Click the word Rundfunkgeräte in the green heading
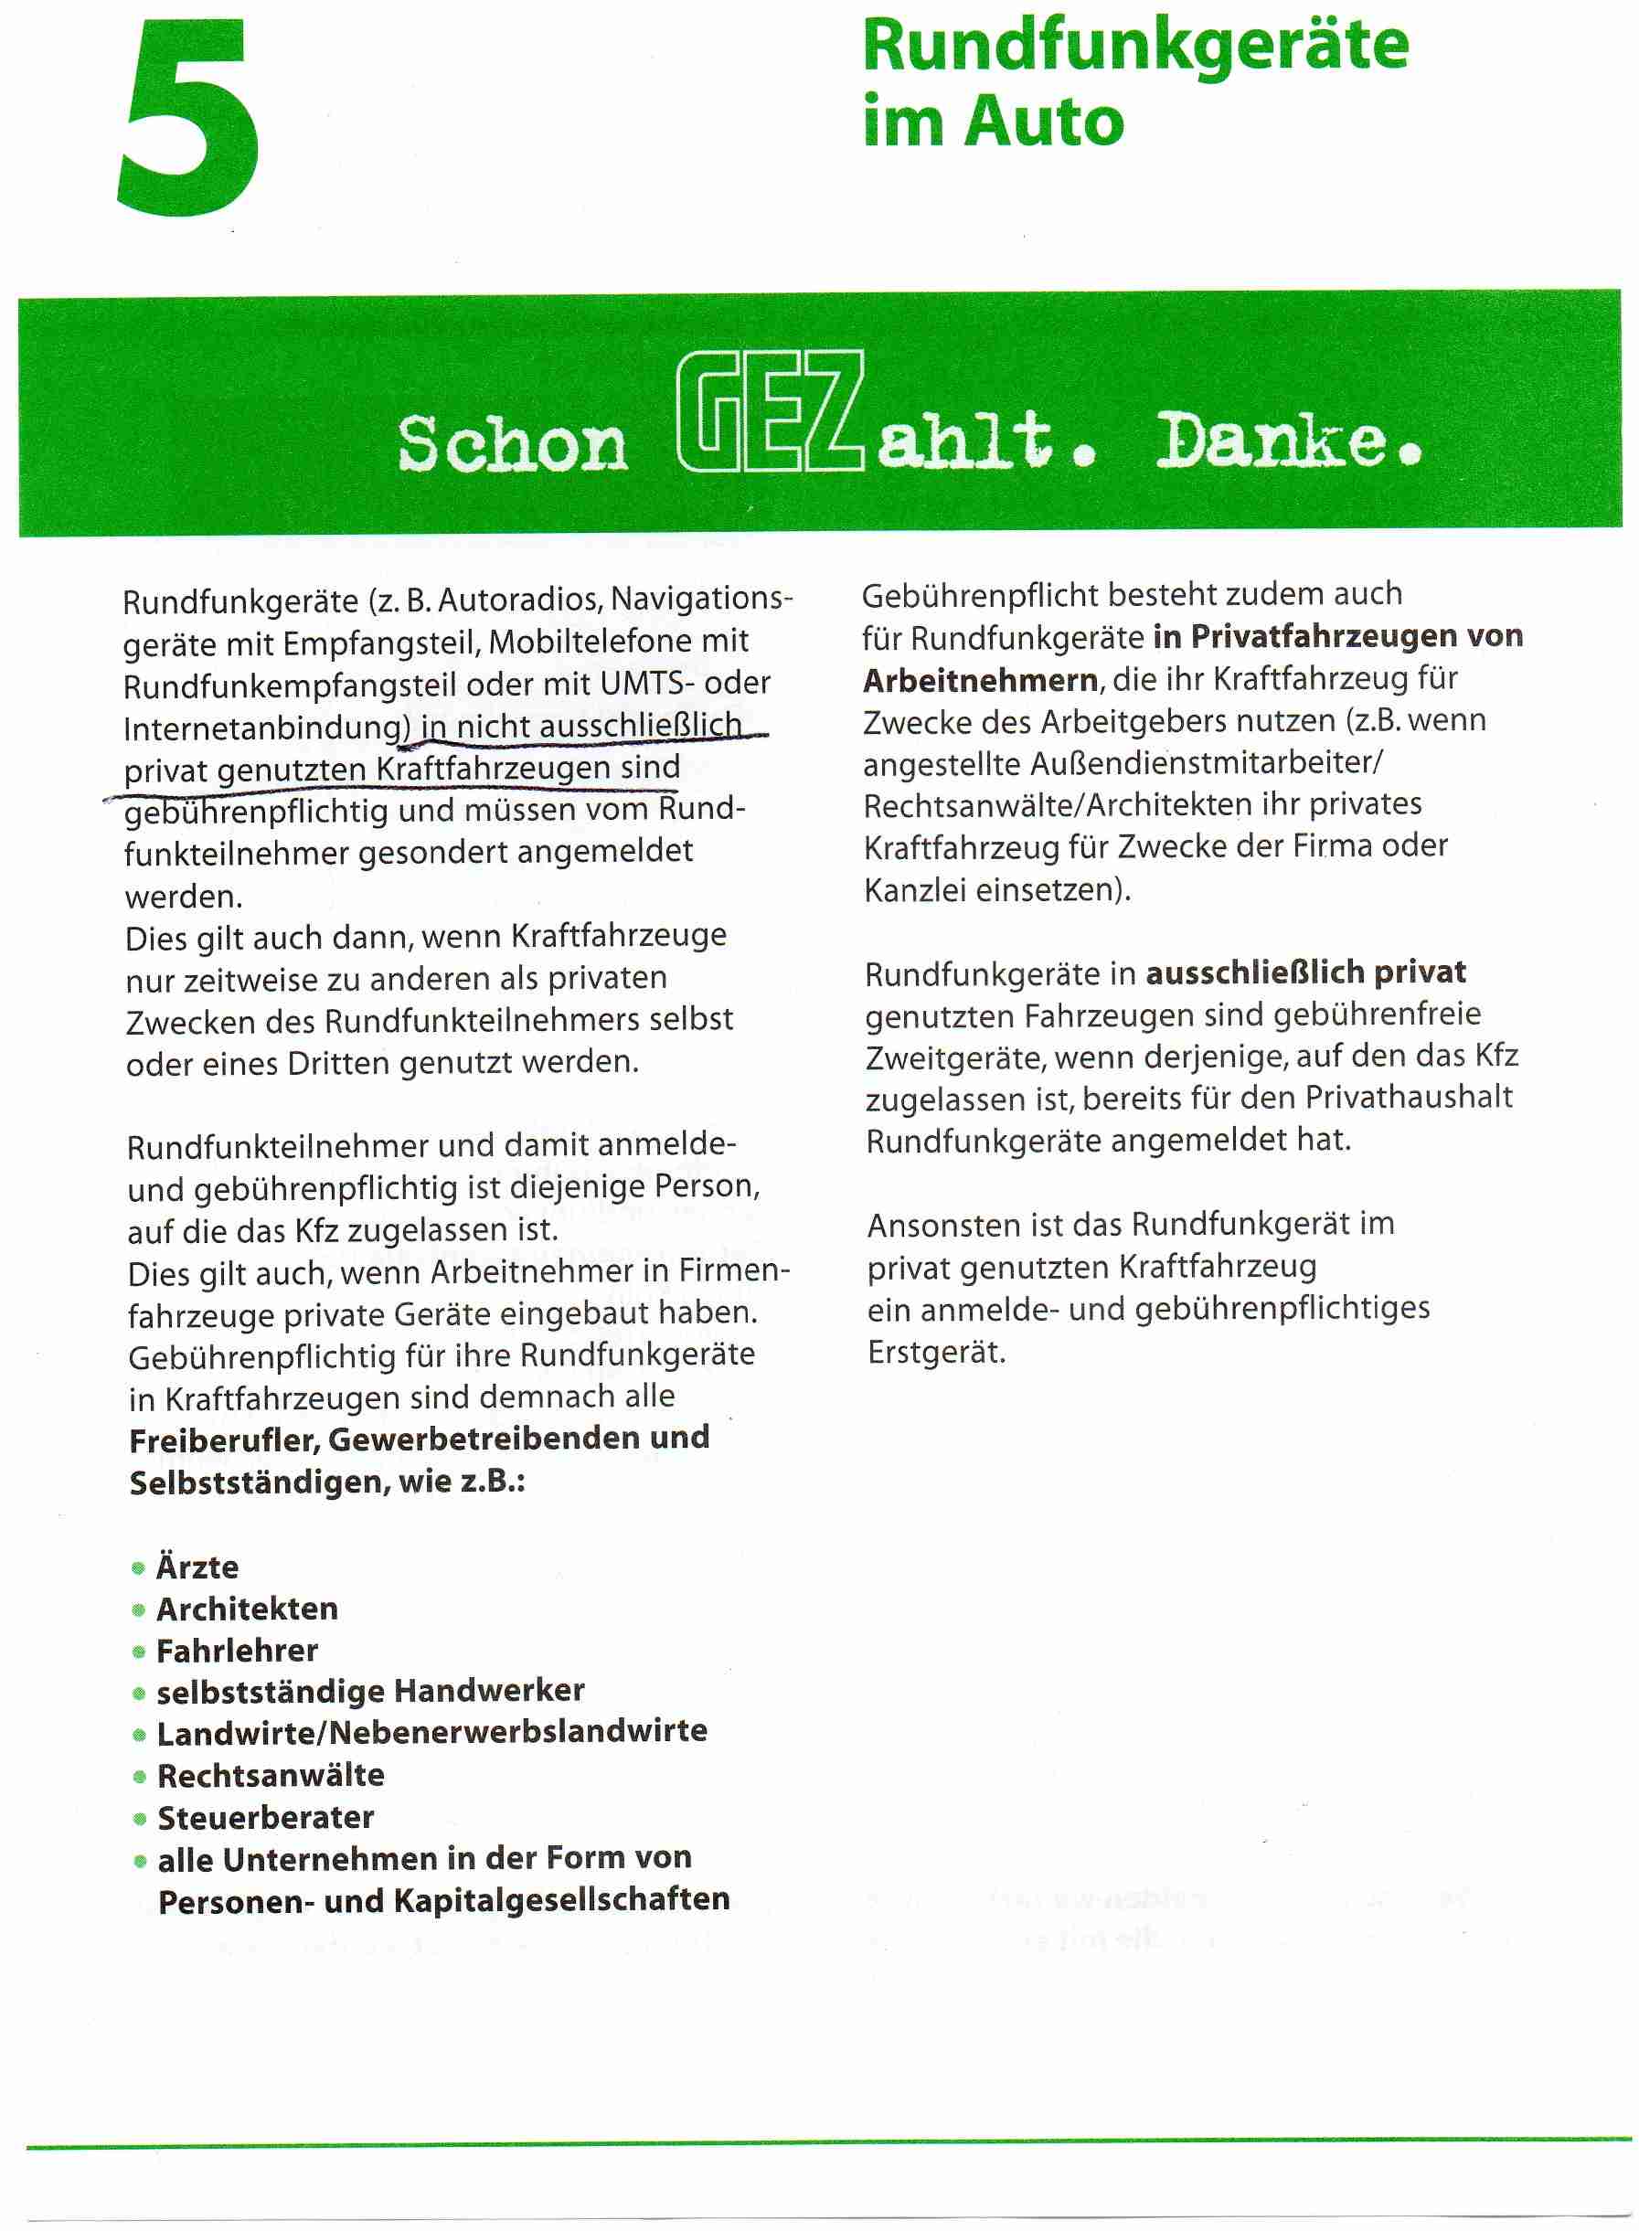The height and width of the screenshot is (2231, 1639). tap(1135, 46)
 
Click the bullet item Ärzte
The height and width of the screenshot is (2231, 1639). tap(197, 1567)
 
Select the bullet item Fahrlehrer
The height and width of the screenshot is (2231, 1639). tap(237, 1651)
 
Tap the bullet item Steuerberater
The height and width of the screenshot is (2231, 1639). tap(266, 1817)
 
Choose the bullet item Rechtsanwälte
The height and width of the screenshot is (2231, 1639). tap(271, 1775)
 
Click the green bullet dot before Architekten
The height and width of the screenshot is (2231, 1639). tap(139, 1610)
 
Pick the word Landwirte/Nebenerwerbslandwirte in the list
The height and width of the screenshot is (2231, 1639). tap(431, 1733)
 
